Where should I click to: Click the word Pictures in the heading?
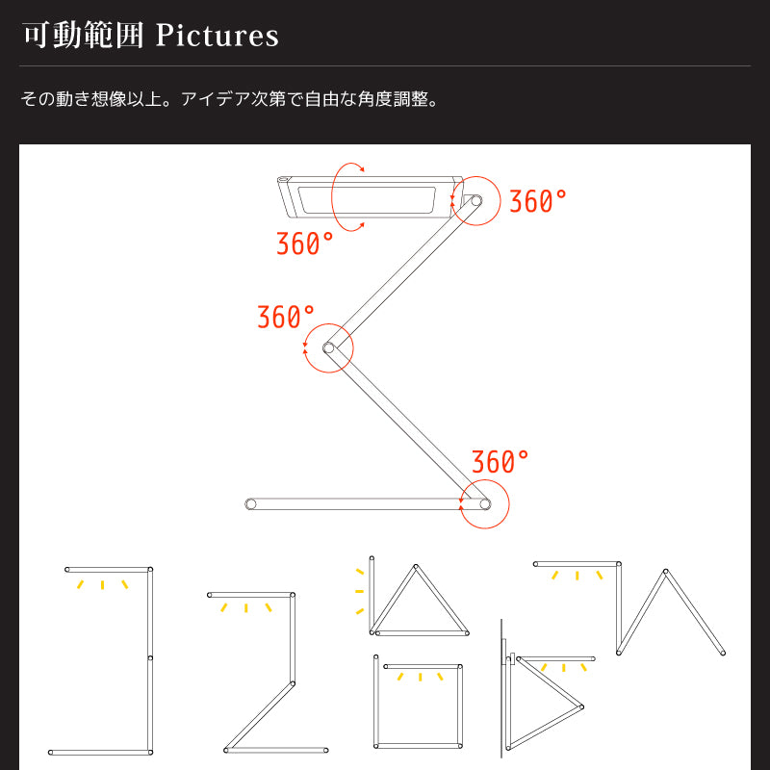[218, 36]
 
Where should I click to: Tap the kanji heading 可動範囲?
[83, 36]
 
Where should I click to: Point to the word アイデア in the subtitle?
[216, 99]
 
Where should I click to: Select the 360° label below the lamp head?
[305, 244]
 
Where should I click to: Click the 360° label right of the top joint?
[538, 201]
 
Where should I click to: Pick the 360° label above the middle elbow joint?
[286, 317]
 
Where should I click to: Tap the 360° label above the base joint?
[500, 462]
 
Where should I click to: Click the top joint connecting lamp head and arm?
[476, 200]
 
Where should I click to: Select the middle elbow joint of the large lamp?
[328, 348]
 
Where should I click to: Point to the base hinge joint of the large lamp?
[485, 503]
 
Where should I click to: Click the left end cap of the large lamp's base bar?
[251, 503]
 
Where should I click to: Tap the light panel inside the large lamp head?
[368, 200]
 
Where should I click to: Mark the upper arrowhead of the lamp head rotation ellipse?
[362, 170]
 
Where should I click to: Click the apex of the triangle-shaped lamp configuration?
[416, 567]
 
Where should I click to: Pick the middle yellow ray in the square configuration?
[420, 678]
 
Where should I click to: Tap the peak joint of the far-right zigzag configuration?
[666, 572]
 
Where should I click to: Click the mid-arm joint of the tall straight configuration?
[150, 657]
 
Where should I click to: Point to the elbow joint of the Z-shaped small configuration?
[293, 683]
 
